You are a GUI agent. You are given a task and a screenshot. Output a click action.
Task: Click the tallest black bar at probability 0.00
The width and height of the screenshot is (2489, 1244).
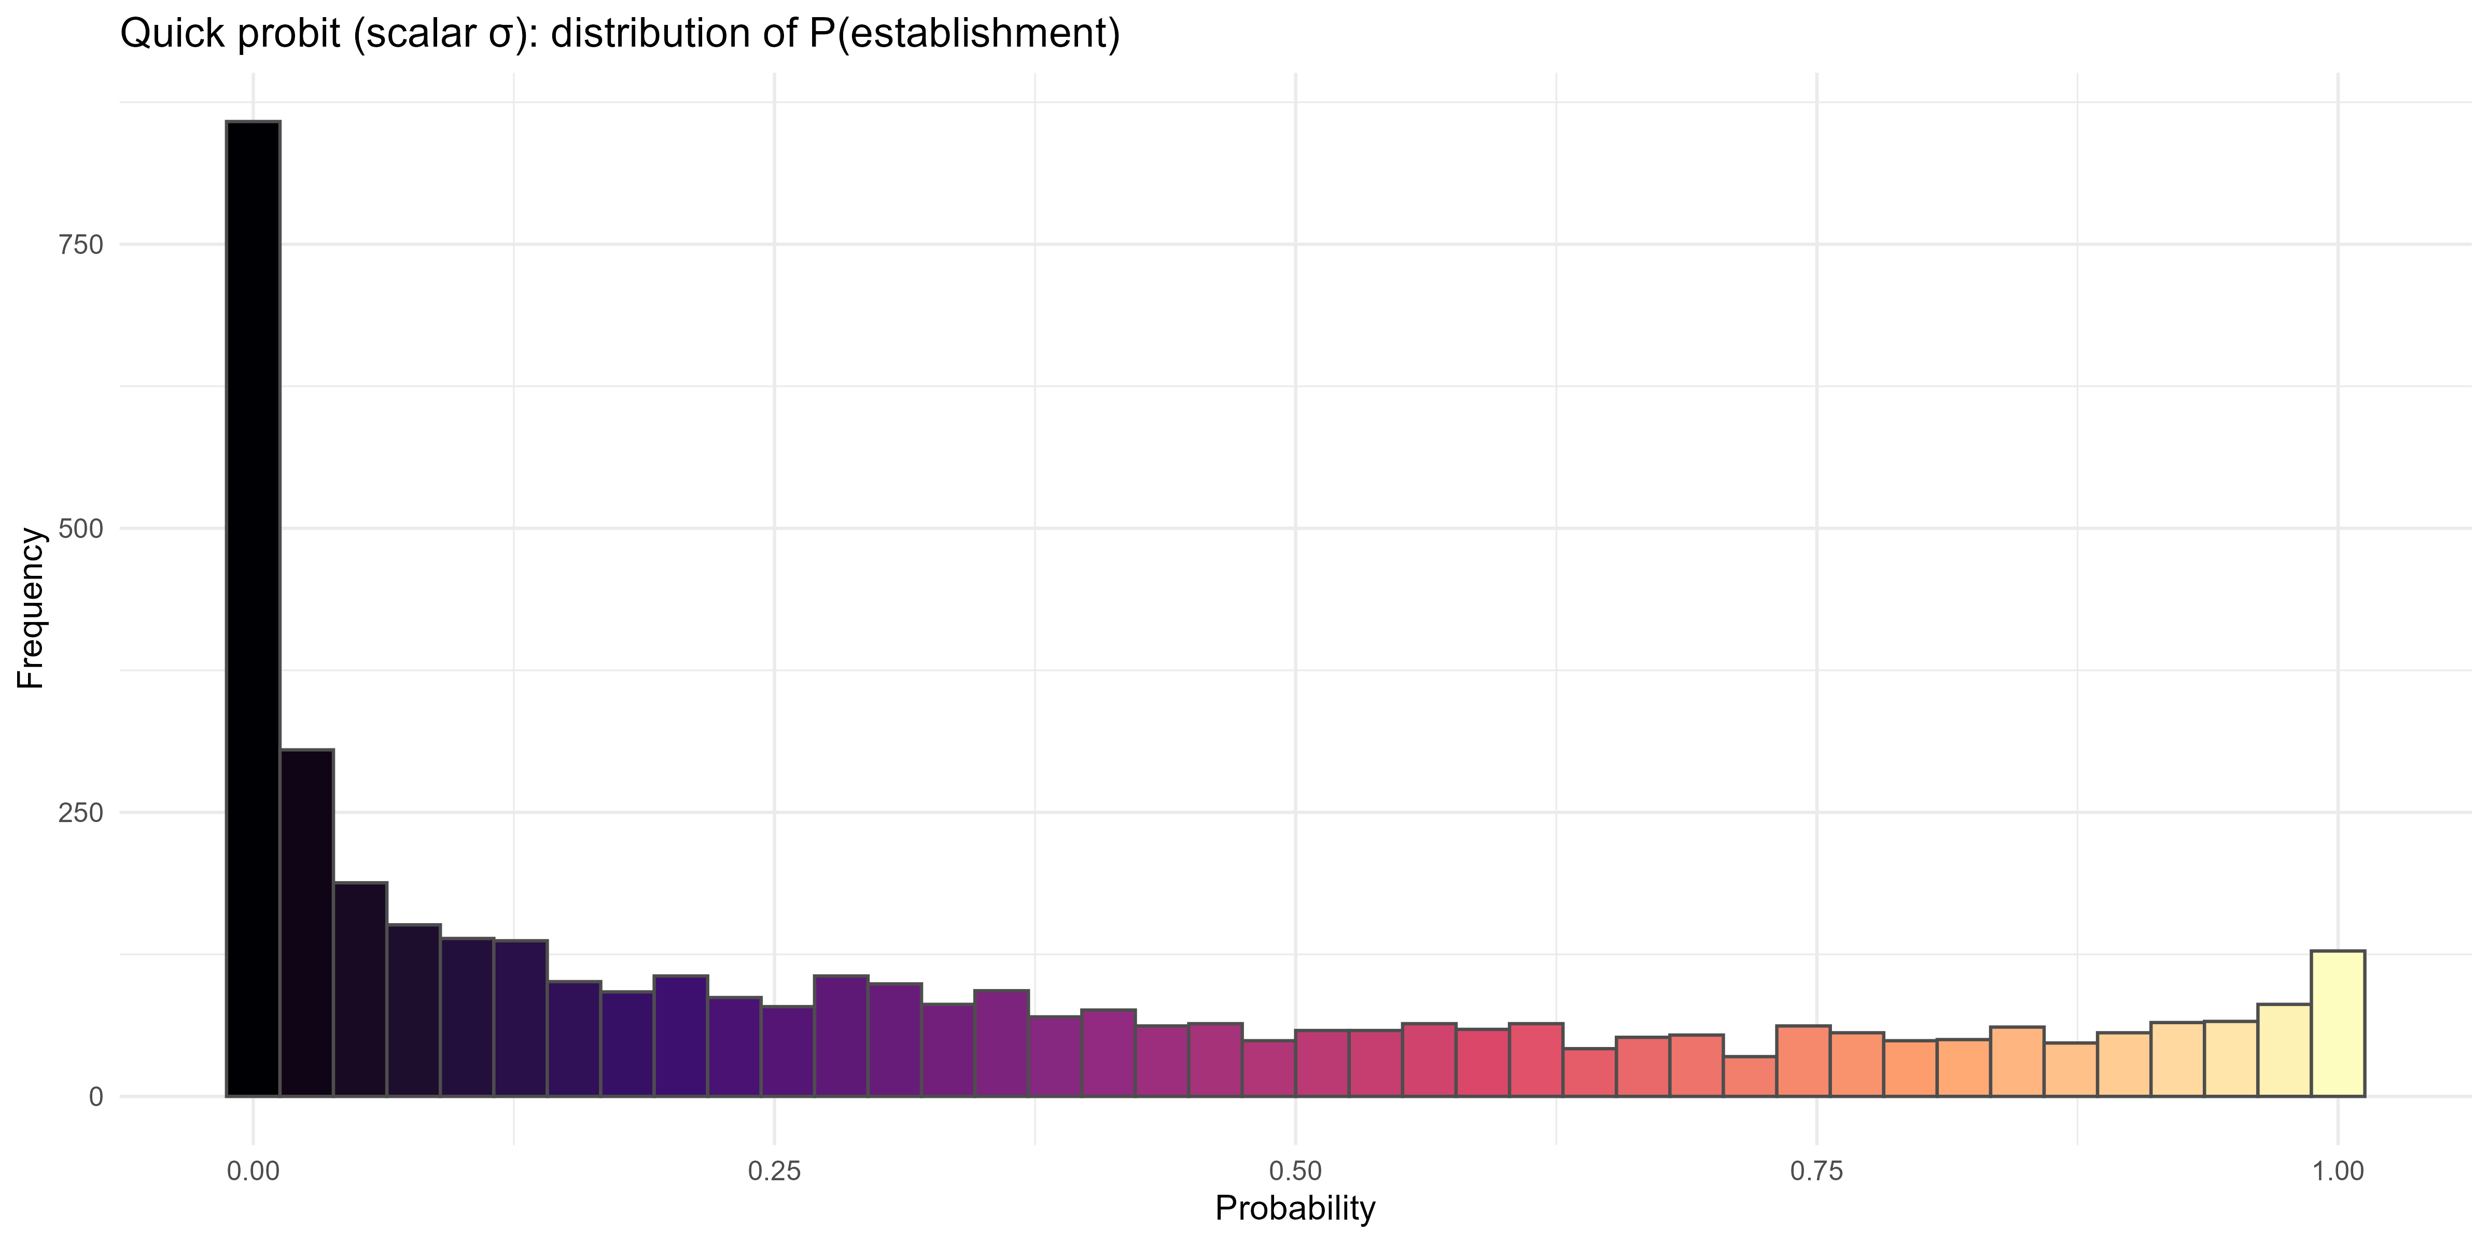coord(253,609)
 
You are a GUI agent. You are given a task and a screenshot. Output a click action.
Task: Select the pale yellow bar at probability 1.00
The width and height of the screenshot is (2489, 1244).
coord(2337,1024)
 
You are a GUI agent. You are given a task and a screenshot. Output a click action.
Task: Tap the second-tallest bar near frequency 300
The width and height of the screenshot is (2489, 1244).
coord(306,923)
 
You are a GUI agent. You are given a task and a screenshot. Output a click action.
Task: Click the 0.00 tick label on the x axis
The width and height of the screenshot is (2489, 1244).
coord(253,1171)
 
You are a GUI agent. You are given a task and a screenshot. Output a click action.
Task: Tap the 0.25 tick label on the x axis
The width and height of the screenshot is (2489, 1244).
coord(774,1171)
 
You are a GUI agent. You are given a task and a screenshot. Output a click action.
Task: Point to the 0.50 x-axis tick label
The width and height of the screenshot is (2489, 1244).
coord(1295,1171)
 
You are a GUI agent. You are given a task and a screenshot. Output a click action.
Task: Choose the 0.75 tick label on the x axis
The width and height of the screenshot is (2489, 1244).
coord(1816,1171)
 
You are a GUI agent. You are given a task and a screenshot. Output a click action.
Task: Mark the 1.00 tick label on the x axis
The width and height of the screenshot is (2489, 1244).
coord(2337,1171)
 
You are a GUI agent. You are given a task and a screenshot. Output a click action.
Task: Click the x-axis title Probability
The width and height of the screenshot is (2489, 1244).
coord(1295,1208)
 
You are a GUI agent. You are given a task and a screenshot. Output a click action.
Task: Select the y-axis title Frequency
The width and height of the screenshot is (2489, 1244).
coord(31,609)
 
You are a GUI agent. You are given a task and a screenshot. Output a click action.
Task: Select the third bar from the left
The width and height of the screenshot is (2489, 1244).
coord(360,990)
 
